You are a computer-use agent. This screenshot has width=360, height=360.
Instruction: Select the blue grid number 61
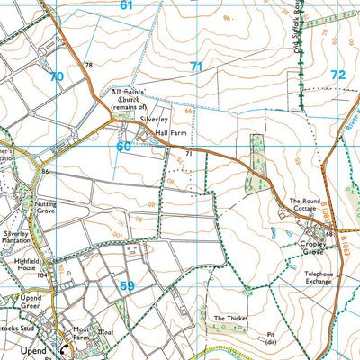point(126,5)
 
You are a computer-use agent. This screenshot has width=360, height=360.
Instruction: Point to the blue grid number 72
point(337,75)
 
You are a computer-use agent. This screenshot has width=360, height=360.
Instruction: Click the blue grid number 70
point(57,77)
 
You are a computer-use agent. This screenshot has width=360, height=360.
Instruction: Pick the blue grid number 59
point(128,286)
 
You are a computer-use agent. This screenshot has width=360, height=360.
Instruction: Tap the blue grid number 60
point(123,145)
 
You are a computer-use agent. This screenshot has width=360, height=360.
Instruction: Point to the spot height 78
point(88,66)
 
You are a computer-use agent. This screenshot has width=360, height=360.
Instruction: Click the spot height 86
point(45,171)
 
